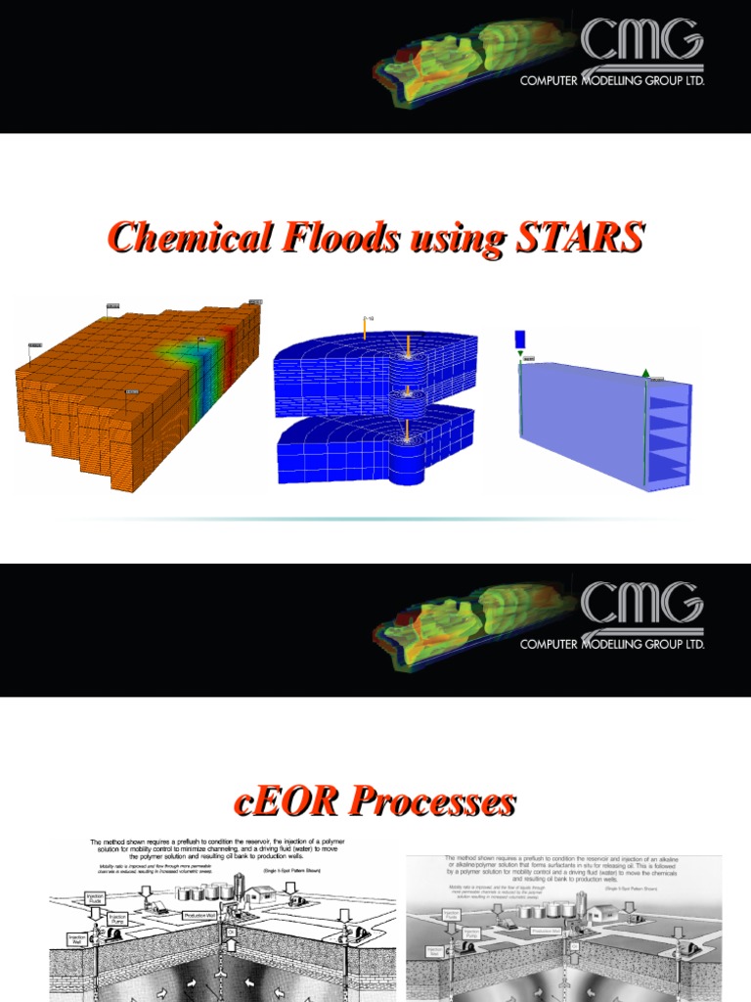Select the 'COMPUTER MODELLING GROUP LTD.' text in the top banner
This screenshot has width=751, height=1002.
click(x=612, y=81)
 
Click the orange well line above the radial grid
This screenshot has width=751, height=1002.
click(x=365, y=329)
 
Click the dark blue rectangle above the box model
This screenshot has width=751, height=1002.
click(x=519, y=339)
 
